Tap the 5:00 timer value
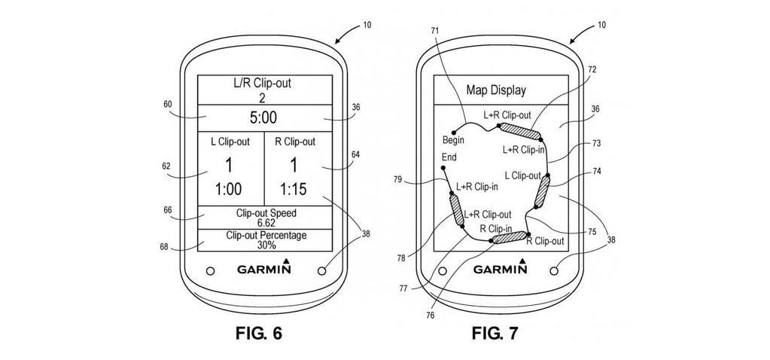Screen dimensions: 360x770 (x=263, y=117)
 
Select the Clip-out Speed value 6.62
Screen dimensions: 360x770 (x=263, y=223)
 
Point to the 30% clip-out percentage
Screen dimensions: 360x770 (x=263, y=246)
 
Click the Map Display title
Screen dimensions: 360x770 (x=495, y=90)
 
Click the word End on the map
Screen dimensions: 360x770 (x=449, y=158)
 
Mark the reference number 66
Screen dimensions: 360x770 (x=166, y=212)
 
